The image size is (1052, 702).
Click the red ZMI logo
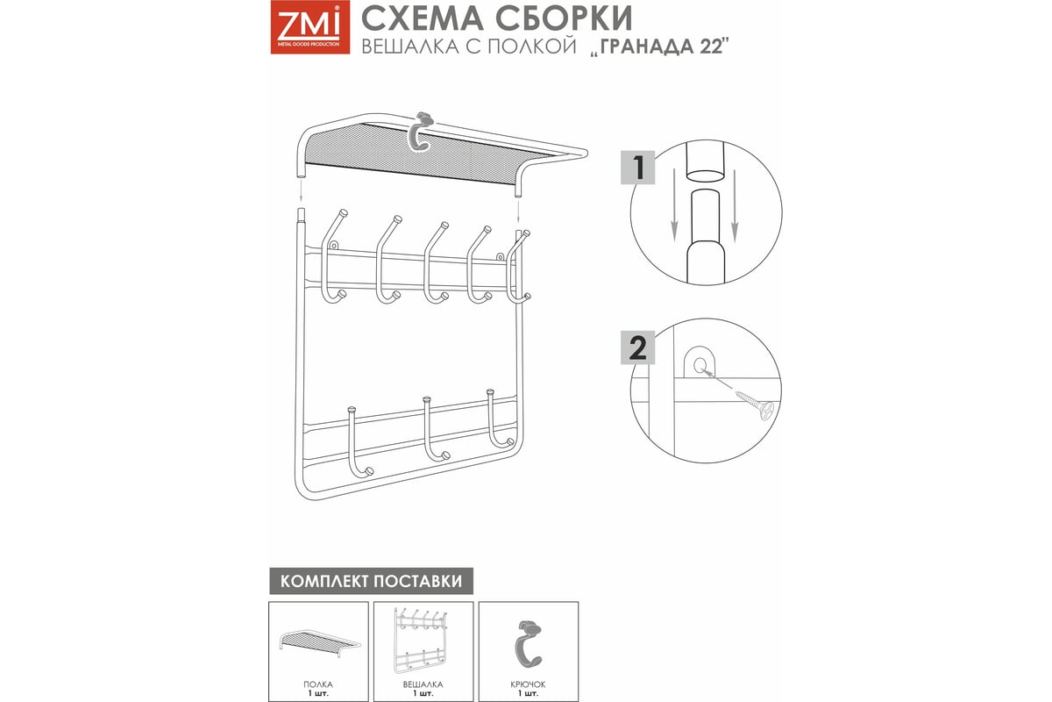pos(310,27)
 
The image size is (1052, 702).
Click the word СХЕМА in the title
pos(423,18)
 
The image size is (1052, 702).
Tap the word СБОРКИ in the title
pos(564,18)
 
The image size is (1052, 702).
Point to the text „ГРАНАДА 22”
pos(659,47)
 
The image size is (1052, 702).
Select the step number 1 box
pos(638,168)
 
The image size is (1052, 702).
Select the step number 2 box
pos(638,347)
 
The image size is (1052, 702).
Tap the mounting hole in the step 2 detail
pos(700,364)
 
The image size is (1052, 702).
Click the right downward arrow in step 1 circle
pos(735,206)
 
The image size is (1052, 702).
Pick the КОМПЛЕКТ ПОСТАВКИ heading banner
pos(371,581)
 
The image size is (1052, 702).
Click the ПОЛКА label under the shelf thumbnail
pos(318,684)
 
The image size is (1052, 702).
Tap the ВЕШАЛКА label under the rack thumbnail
pos(423,684)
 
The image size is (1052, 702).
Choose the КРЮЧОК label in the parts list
pos(528,684)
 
